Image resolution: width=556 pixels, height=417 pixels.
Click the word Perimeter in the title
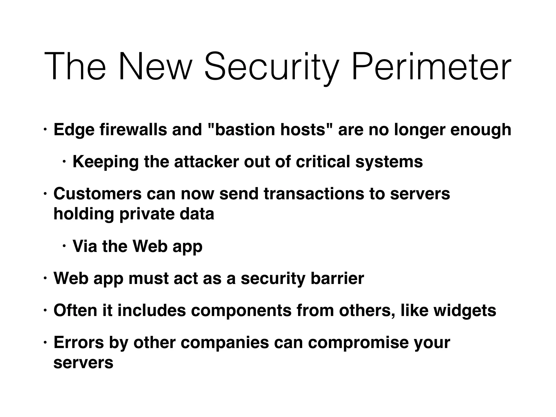(x=431, y=67)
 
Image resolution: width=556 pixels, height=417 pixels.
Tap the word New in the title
(x=154, y=67)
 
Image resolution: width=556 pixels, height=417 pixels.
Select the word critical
(x=323, y=162)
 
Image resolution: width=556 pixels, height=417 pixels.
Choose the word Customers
(x=97, y=194)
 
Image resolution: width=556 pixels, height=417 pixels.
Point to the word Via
(x=85, y=246)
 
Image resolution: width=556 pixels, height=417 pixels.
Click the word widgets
(x=465, y=311)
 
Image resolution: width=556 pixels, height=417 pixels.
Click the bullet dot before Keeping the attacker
(x=64, y=162)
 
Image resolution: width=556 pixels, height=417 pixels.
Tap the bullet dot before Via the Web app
(x=64, y=247)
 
